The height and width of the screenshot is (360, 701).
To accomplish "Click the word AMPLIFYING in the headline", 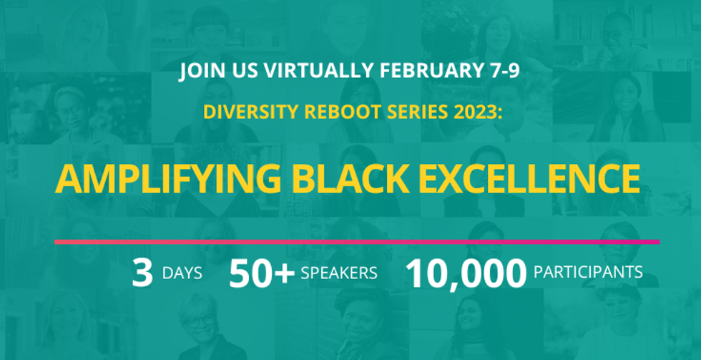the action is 167,179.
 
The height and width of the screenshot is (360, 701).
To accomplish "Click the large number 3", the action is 142,273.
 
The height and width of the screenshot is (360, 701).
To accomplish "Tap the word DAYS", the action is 182,273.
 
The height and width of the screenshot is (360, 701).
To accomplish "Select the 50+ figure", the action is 262,273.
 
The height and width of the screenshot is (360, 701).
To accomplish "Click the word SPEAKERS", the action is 339,273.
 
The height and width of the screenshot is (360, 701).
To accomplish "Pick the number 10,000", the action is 466,273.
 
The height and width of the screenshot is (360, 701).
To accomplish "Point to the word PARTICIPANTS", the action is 588,272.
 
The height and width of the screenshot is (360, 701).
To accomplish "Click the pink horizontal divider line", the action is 357,242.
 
